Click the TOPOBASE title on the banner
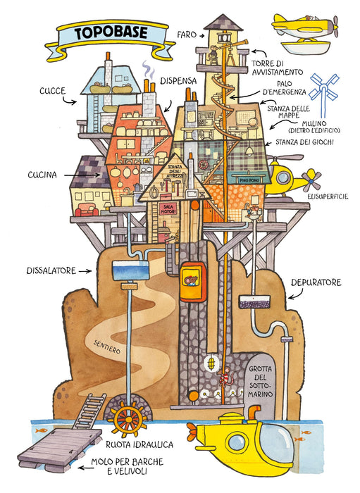[111, 32]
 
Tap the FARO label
[187, 35]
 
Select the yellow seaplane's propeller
[335, 27]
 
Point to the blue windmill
[324, 90]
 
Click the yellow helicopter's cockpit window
[283, 177]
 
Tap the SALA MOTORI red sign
[168, 209]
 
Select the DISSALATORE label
[51, 270]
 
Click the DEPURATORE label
[316, 282]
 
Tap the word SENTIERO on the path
[107, 347]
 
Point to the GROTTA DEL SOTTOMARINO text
[261, 381]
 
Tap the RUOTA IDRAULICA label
[139, 444]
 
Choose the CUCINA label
[42, 175]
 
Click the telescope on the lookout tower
[234, 44]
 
